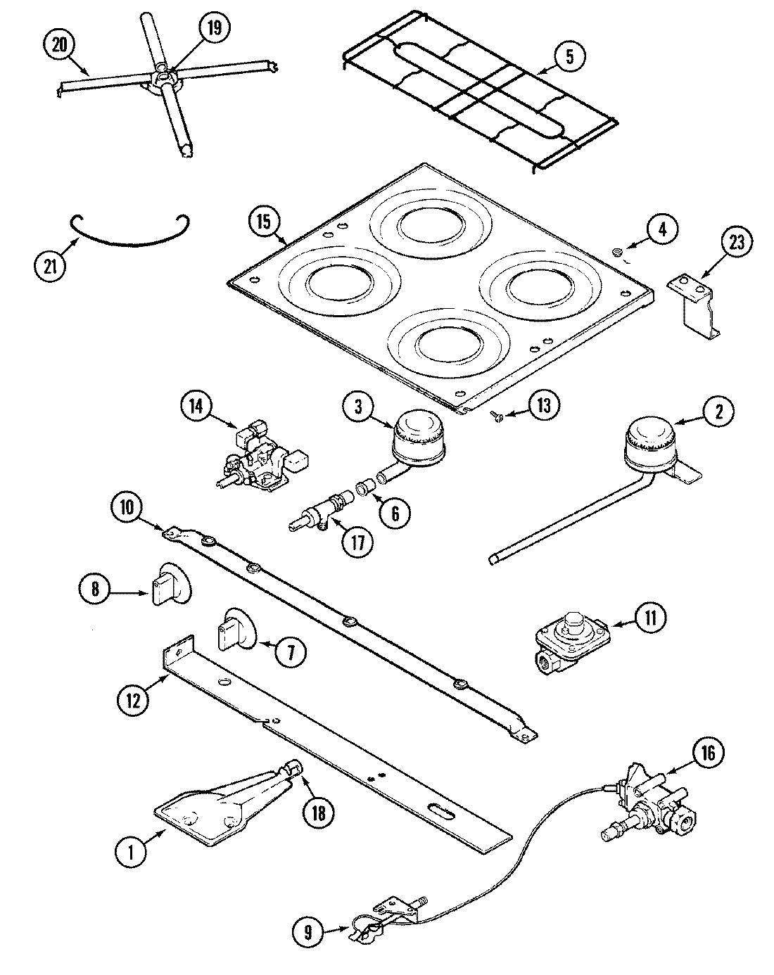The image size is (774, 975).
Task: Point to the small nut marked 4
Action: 617,252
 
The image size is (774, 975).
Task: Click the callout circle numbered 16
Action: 708,754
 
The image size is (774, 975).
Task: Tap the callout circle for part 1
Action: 129,853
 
